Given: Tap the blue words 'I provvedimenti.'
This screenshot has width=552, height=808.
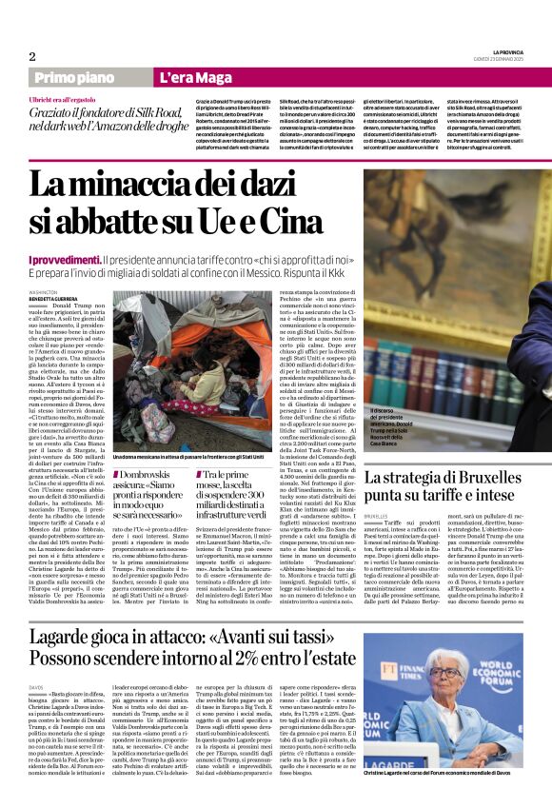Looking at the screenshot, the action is coord(64,260).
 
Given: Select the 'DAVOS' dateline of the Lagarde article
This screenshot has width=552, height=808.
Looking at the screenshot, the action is coord(36,686).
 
